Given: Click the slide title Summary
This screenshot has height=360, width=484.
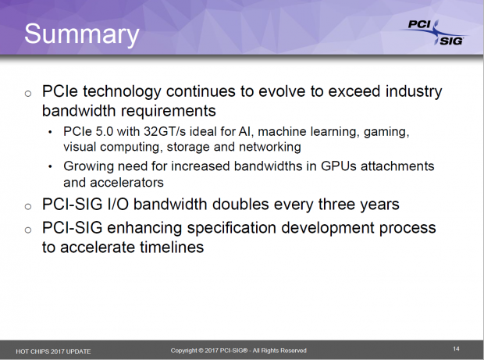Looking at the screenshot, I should (81, 35).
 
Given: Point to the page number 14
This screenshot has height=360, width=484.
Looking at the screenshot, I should (457, 347).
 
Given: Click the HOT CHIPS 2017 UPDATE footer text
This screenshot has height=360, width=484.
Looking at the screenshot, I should (53, 351).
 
